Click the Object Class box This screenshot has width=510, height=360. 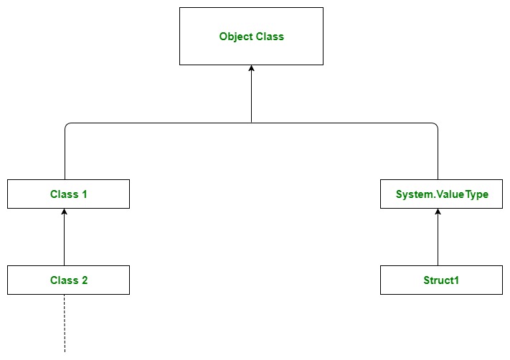(x=251, y=36)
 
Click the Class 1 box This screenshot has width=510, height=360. (x=68, y=194)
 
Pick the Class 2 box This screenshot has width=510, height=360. (x=68, y=280)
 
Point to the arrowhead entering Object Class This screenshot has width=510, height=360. (x=251, y=69)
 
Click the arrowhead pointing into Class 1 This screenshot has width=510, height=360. (x=65, y=212)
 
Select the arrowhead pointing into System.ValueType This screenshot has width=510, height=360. (x=438, y=212)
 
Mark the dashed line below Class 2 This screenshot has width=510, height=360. (x=65, y=323)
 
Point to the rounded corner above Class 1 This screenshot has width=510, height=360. (x=67, y=125)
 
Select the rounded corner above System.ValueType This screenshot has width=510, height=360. (x=435, y=125)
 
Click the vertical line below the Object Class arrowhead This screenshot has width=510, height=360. (x=251, y=100)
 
